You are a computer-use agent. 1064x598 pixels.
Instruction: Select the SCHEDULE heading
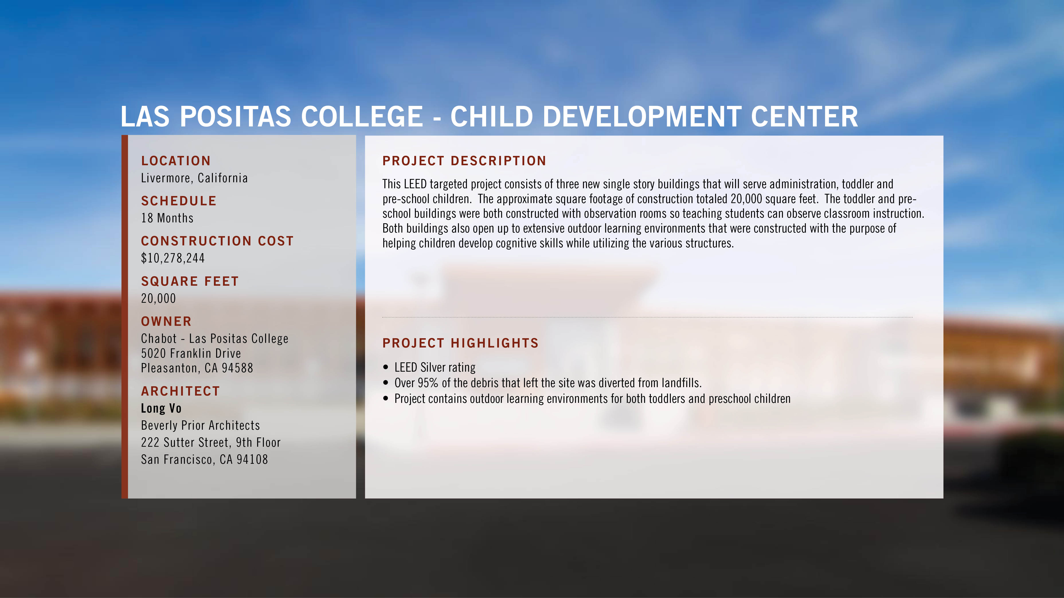(179, 201)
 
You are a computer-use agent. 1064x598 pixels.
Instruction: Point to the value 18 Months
(167, 218)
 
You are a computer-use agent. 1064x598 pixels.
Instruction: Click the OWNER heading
(166, 322)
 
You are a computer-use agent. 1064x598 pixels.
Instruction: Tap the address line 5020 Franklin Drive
(191, 353)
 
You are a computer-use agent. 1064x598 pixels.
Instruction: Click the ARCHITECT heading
(180, 391)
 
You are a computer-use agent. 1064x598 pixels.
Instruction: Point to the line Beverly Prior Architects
(200, 425)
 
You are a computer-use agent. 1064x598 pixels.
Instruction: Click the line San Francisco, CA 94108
(204, 459)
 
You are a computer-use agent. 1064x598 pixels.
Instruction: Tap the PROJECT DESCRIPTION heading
(464, 161)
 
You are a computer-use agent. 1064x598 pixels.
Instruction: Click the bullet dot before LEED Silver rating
(386, 367)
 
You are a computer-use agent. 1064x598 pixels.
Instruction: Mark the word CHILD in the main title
(491, 117)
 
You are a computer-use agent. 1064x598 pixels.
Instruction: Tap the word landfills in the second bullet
(682, 383)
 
